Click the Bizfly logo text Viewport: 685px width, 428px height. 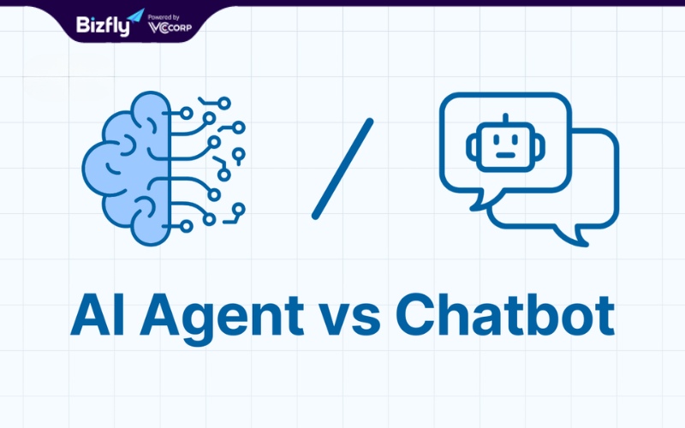(103, 27)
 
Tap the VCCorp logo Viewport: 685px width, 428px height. (170, 28)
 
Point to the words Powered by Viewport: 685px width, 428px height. (164, 17)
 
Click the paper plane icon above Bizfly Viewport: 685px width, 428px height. (136, 15)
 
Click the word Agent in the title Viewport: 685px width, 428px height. (222, 319)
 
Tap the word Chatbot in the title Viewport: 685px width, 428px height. (505, 314)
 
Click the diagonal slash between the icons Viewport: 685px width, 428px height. (342, 169)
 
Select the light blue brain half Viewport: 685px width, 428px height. (127, 168)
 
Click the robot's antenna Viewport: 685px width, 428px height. (506, 118)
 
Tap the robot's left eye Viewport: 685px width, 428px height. (497, 140)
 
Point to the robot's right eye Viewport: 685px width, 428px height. (515, 140)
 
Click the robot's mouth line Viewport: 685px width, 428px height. (506, 155)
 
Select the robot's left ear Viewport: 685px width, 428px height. (472, 146)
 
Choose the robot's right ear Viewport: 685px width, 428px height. (540, 146)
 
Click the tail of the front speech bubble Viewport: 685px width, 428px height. (483, 201)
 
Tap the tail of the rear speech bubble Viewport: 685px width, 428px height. (573, 236)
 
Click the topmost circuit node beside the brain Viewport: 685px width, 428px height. (224, 104)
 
